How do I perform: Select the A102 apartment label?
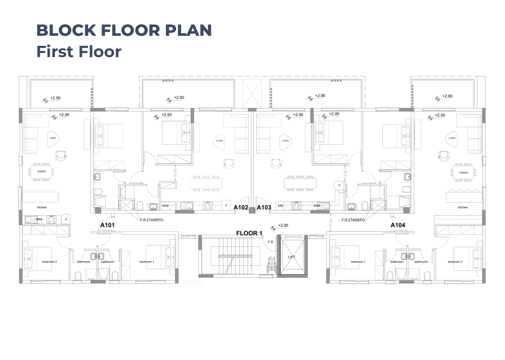click(x=241, y=207)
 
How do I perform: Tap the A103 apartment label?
click(x=264, y=207)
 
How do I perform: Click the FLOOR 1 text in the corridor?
click(x=249, y=233)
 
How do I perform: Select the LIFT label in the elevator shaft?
click(x=292, y=257)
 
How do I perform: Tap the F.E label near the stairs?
click(x=271, y=242)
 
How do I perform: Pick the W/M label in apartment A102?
click(x=166, y=206)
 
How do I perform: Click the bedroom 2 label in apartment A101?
click(x=49, y=262)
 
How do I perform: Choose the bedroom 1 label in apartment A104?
click(x=358, y=262)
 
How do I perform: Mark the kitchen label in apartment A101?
click(x=42, y=207)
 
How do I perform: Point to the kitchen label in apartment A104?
click(x=463, y=207)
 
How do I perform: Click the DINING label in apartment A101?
click(x=41, y=171)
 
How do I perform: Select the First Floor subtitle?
click(x=79, y=52)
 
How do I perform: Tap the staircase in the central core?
click(x=235, y=256)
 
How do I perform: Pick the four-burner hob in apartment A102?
click(x=208, y=206)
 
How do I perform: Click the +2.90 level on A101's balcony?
click(x=55, y=98)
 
